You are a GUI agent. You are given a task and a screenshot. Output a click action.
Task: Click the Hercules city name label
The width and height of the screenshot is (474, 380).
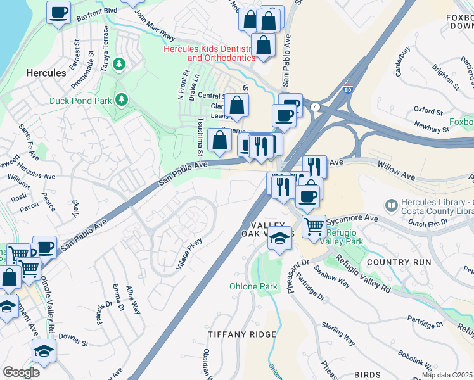click(x=46, y=73)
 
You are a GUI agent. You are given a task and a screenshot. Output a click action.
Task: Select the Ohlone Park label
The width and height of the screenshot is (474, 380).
click(x=253, y=287)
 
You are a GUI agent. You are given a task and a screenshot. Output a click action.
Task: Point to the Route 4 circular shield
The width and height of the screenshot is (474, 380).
click(x=315, y=107)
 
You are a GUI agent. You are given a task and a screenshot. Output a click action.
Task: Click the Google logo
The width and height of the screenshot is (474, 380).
click(x=21, y=372)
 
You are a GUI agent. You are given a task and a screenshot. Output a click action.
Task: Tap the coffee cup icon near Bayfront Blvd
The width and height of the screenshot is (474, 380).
click(x=58, y=12)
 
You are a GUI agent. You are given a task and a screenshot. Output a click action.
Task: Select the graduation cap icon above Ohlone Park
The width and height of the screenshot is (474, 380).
click(x=279, y=239)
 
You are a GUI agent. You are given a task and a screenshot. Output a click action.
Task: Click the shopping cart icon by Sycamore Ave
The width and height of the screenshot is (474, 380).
click(x=314, y=225)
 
